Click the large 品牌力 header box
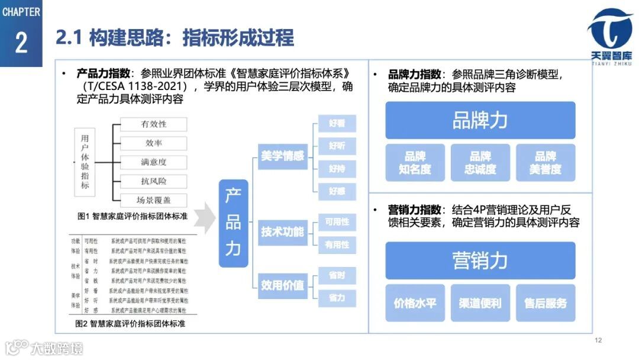tap(480, 120)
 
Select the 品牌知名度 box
tap(415, 163)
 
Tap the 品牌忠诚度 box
tap(480, 163)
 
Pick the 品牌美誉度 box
tap(545, 163)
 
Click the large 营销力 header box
tap(480, 261)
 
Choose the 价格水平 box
tap(415, 303)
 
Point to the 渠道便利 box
tap(480, 303)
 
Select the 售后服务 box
tap(545, 303)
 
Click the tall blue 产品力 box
tap(233, 223)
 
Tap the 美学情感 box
tap(283, 156)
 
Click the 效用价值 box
tap(283, 285)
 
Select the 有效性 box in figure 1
tap(153, 124)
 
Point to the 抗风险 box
tap(153, 181)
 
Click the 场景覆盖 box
tap(153, 200)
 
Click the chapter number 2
tap(21, 43)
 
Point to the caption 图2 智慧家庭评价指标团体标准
tap(130, 324)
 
